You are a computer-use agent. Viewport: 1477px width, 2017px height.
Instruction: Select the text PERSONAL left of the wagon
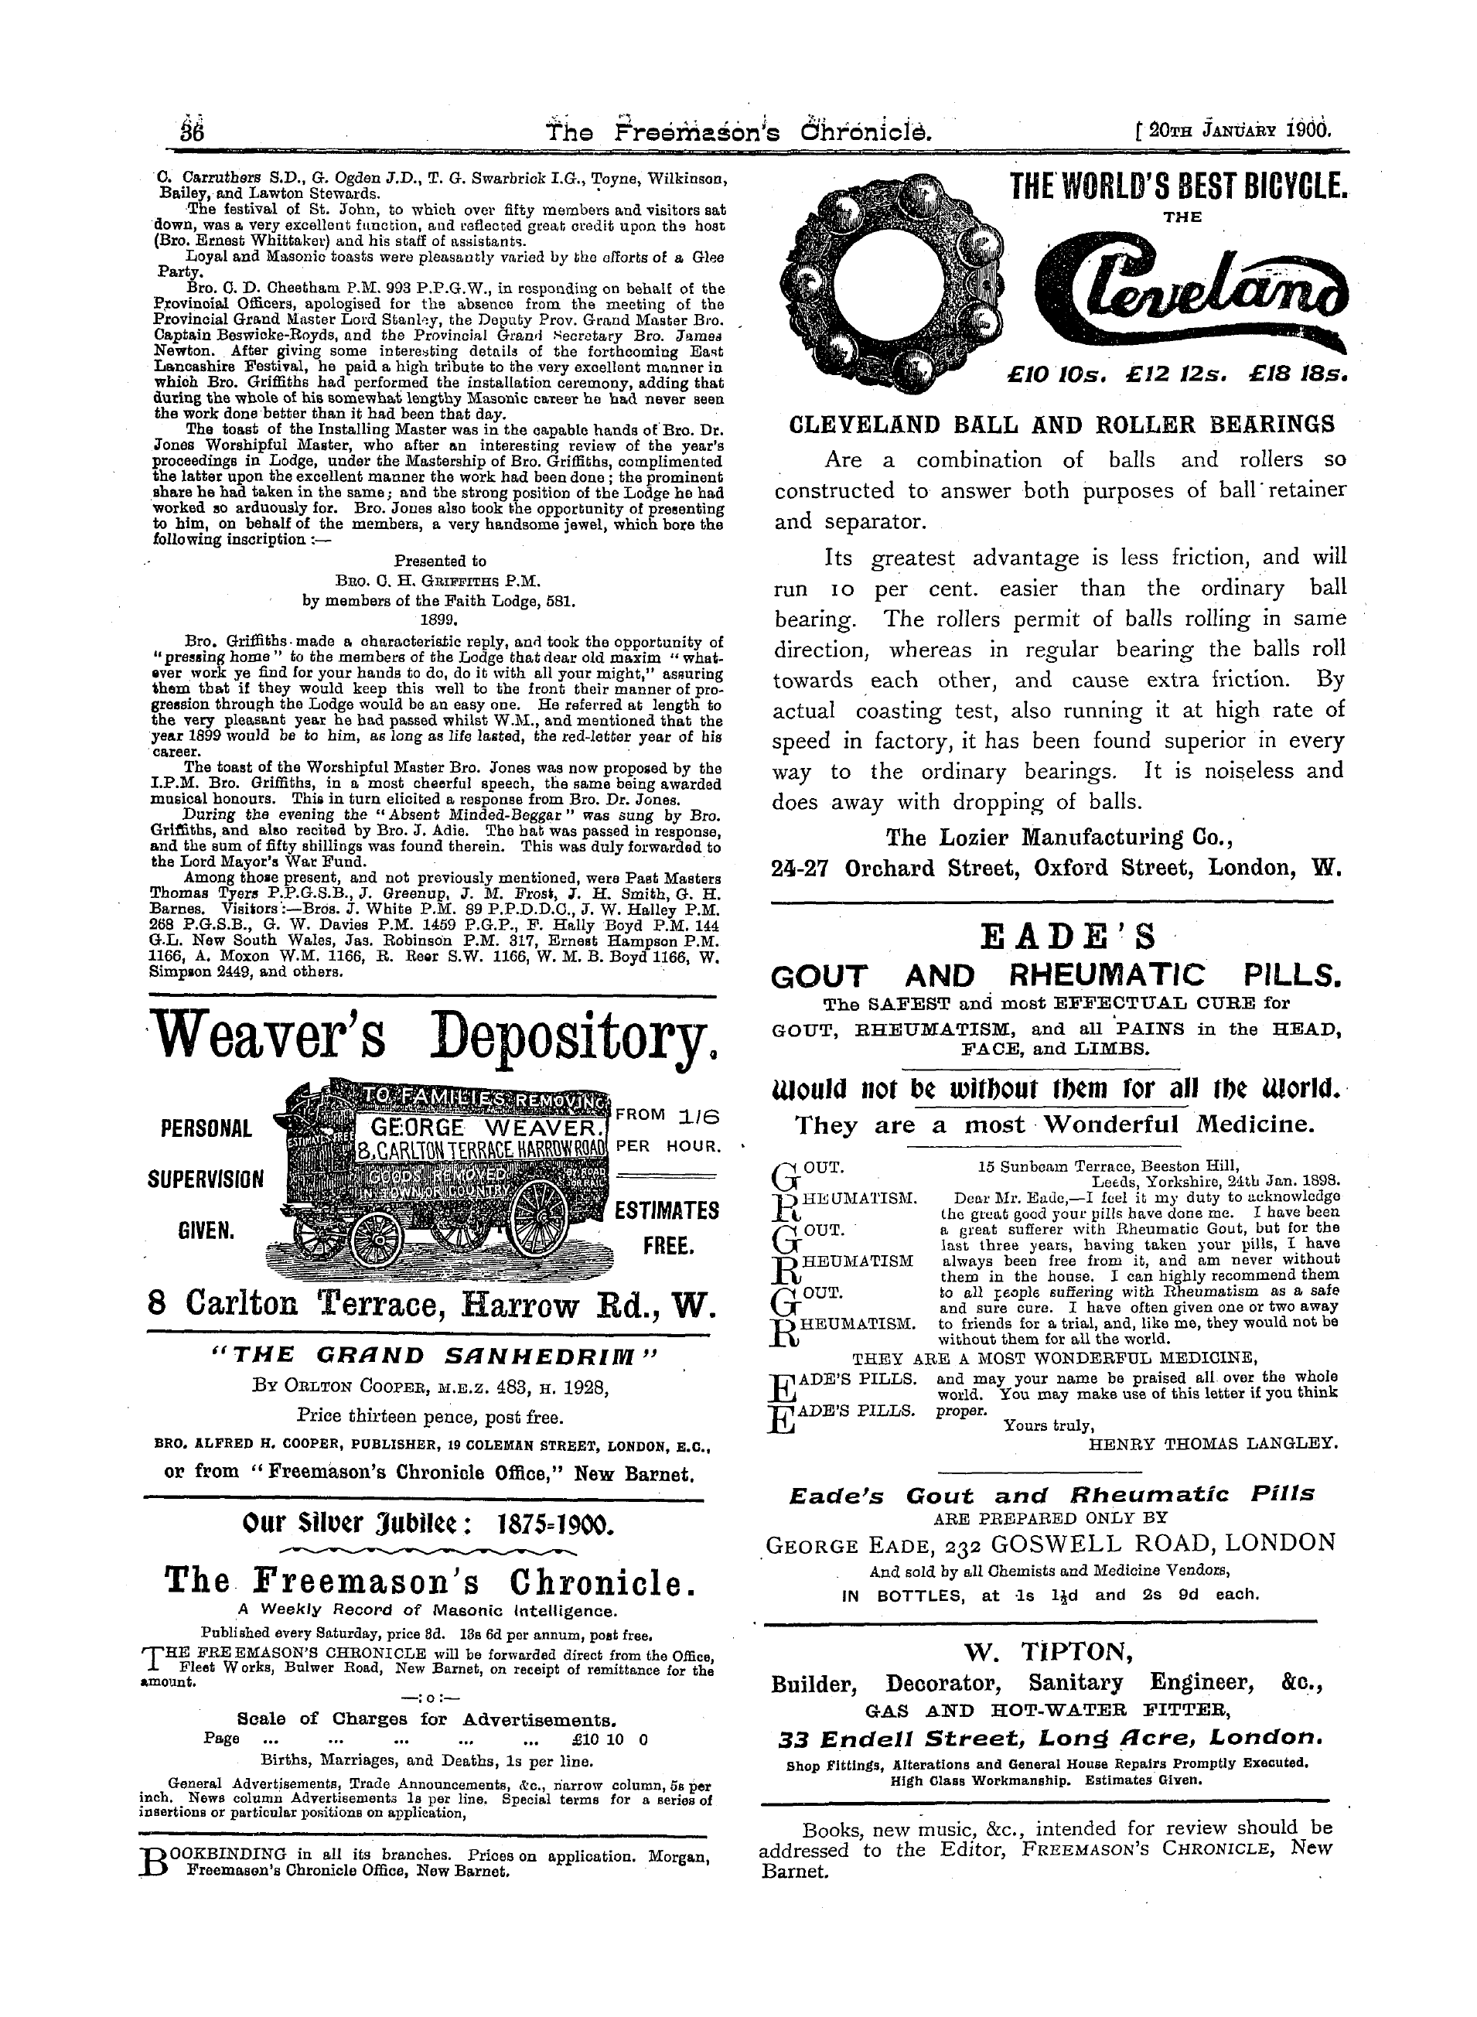click(207, 1130)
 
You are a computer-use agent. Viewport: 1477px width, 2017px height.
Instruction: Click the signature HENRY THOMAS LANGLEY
click(1214, 1442)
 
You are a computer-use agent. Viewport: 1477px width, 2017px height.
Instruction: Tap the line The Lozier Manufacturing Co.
click(1059, 837)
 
